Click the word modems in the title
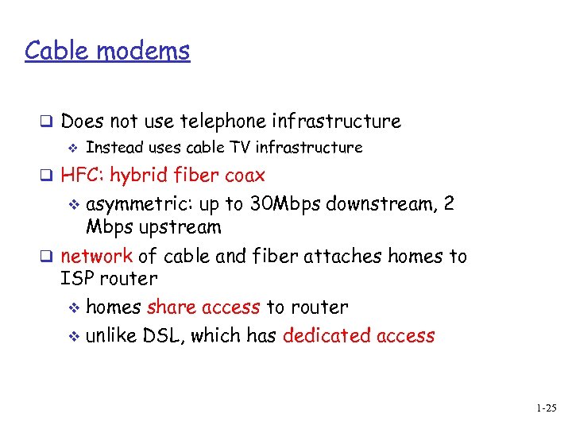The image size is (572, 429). click(x=145, y=51)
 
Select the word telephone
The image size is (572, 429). click(x=223, y=122)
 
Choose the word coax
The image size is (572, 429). click(x=245, y=175)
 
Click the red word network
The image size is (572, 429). click(x=96, y=257)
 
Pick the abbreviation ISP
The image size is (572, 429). click(x=78, y=279)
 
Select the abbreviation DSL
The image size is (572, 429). click(x=161, y=336)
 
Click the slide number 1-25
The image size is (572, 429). click(x=546, y=409)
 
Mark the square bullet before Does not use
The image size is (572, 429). click(x=47, y=122)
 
